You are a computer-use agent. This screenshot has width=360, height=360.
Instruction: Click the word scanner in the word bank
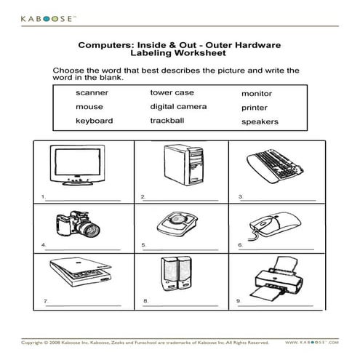click(x=92, y=92)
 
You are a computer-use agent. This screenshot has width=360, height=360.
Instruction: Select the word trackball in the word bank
click(x=167, y=121)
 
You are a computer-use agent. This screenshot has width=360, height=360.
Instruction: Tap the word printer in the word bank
click(x=255, y=108)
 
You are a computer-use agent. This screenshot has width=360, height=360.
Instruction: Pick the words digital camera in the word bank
click(x=178, y=107)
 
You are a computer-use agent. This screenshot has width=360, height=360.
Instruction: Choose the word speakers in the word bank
click(x=260, y=121)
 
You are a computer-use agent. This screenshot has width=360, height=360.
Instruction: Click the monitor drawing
click(x=78, y=165)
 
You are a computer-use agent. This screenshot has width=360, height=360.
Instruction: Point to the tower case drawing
click(x=183, y=165)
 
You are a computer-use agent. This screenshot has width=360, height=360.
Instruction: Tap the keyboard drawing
click(x=275, y=166)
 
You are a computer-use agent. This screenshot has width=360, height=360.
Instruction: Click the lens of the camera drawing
click(x=90, y=230)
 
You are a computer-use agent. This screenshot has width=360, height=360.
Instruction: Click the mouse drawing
click(x=275, y=225)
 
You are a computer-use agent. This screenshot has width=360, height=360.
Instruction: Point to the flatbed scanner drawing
click(x=81, y=272)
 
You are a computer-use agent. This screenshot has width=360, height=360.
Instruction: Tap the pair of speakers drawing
click(x=177, y=273)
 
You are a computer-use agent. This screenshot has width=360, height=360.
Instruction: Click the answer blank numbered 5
click(x=180, y=249)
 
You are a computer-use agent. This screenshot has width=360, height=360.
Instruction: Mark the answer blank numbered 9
click(x=276, y=305)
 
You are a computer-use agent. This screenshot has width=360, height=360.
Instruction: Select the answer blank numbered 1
click(x=83, y=201)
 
